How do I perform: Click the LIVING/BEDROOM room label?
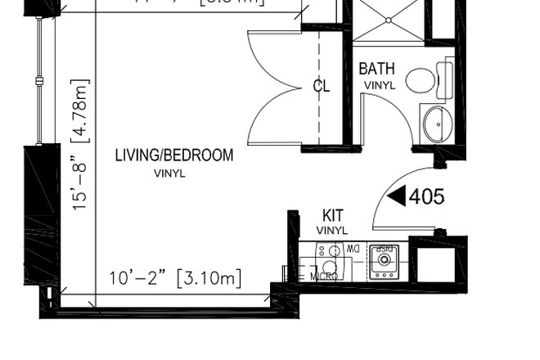tap(173, 155)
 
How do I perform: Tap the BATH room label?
tap(376, 69)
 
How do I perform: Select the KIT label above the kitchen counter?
tap(333, 216)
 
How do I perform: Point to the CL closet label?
tap(322, 86)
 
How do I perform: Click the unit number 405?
tap(426, 196)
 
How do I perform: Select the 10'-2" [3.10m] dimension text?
tap(175, 278)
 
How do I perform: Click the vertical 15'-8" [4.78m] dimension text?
tap(80, 145)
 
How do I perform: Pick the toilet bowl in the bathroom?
tap(421, 80)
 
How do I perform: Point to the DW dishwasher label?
tap(353, 248)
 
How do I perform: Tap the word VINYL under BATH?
tap(379, 85)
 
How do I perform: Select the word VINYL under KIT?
tap(332, 232)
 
